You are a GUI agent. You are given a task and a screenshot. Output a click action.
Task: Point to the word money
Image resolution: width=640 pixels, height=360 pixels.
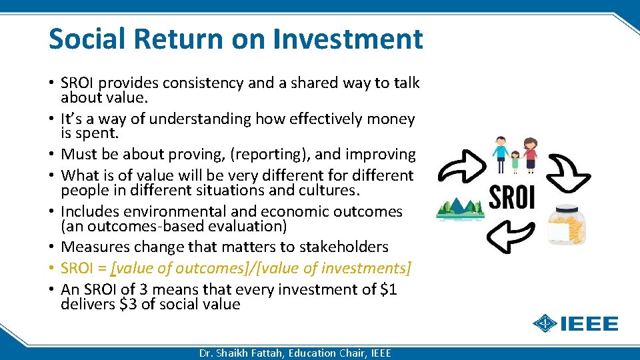[391, 119]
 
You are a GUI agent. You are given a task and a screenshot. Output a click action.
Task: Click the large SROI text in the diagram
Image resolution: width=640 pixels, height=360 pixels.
[512, 196]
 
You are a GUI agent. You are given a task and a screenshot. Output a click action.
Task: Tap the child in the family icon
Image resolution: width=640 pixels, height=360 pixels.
[515, 161]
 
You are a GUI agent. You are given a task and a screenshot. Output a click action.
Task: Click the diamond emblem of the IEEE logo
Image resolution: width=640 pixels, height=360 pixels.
[546, 324]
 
